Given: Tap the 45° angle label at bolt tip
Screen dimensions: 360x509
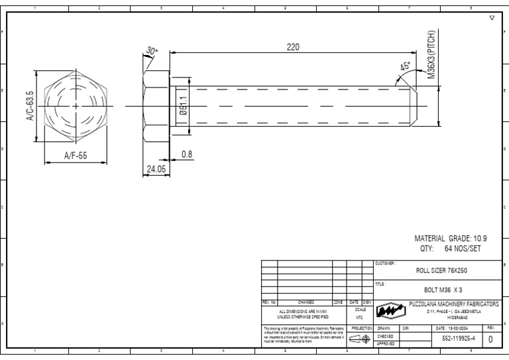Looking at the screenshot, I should [x=405, y=67].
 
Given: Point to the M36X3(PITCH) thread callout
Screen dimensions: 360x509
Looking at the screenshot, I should [x=431, y=55].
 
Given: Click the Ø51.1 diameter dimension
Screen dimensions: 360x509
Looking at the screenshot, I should [x=184, y=106].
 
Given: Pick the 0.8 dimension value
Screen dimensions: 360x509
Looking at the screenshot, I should [x=187, y=154].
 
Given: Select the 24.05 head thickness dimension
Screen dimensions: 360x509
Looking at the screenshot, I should [x=156, y=169].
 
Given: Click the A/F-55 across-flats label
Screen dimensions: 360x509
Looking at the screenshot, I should [x=76, y=156].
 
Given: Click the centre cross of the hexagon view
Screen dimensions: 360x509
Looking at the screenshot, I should [x=76, y=106].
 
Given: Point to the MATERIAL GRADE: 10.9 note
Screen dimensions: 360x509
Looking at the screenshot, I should [x=451, y=238].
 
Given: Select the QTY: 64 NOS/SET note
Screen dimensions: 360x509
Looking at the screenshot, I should [x=450, y=249].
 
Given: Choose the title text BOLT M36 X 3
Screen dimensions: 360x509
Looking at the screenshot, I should [x=443, y=290].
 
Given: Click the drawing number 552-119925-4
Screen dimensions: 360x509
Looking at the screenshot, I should [x=458, y=339].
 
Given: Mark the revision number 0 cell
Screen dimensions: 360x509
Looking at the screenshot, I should [x=491, y=339].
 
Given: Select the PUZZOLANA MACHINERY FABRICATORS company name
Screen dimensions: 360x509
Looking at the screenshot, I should [x=453, y=304].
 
